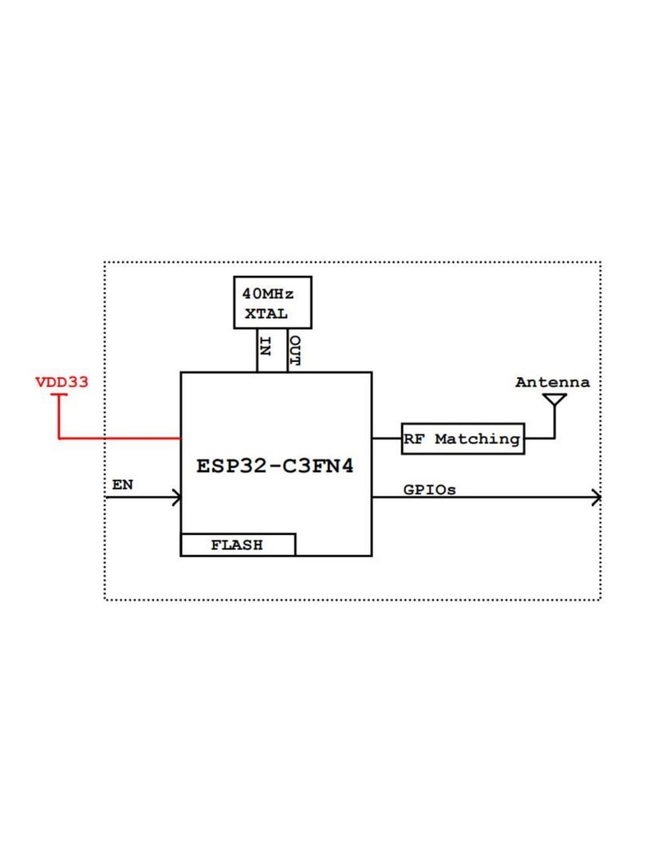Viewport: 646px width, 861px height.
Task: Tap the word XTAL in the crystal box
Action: (266, 314)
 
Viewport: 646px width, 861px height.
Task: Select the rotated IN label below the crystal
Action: (266, 347)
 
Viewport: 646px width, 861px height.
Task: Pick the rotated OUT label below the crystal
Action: (295, 351)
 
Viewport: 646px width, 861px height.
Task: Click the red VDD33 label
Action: (61, 382)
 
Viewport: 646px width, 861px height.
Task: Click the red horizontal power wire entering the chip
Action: (120, 438)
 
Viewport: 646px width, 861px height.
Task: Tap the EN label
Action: (123, 485)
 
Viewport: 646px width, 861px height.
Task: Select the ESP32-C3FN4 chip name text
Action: (275, 466)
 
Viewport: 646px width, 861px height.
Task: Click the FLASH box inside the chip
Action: (238, 545)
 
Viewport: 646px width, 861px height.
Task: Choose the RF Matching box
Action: (463, 438)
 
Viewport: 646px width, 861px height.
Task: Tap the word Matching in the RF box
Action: (478, 439)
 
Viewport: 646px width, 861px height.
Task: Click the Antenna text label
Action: (553, 382)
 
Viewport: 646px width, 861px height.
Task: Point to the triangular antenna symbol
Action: (555, 400)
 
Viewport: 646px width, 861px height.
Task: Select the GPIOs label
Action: (430, 489)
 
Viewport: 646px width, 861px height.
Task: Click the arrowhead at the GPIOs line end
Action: (596, 497)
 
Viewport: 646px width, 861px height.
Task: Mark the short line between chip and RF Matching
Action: (387, 438)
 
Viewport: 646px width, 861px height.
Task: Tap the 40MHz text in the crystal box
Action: (268, 293)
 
